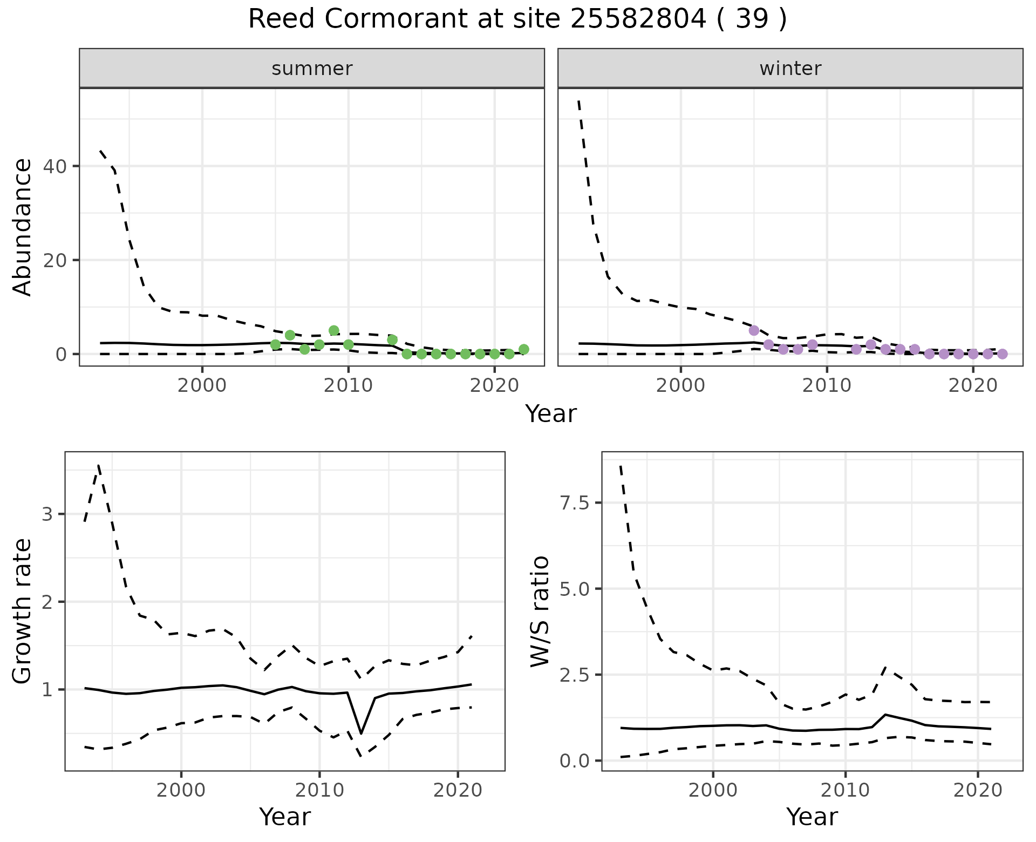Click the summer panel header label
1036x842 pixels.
click(x=312, y=69)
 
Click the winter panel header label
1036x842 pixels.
click(x=790, y=69)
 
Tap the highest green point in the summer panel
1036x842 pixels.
click(x=334, y=330)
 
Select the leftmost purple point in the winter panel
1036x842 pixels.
click(x=754, y=330)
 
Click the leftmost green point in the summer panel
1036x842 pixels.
click(x=275, y=344)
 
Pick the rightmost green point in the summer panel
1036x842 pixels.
click(x=524, y=349)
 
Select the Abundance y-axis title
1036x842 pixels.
click(x=23, y=227)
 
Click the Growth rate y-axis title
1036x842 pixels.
click(x=23, y=611)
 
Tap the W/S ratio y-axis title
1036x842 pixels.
click(x=540, y=611)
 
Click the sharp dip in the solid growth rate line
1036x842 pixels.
click(x=360, y=733)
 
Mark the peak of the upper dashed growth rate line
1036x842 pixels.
click(x=98, y=465)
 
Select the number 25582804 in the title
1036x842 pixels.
click(x=638, y=19)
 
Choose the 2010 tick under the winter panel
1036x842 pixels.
click(x=826, y=386)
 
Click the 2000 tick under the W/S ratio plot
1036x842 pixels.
click(x=713, y=791)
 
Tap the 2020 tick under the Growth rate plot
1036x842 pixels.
click(x=458, y=791)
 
